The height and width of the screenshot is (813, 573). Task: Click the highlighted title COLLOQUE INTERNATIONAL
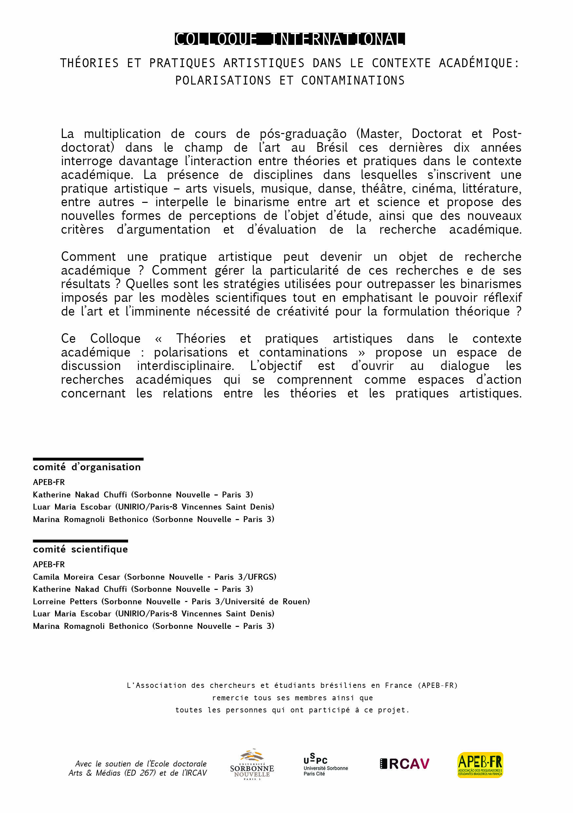290,39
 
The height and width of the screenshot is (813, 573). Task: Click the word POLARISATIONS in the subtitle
223,81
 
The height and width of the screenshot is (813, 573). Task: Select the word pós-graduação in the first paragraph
303,134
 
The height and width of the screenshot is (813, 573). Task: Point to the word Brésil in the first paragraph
332,148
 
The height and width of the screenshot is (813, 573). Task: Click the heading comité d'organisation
87,467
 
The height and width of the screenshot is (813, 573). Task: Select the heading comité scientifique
80,549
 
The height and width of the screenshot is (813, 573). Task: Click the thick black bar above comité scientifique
80,541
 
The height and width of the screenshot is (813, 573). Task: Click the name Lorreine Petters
65,601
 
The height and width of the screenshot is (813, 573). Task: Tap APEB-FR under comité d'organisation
49,482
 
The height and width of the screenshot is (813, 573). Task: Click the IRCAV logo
404,764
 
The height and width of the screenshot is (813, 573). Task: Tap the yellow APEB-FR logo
480,765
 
